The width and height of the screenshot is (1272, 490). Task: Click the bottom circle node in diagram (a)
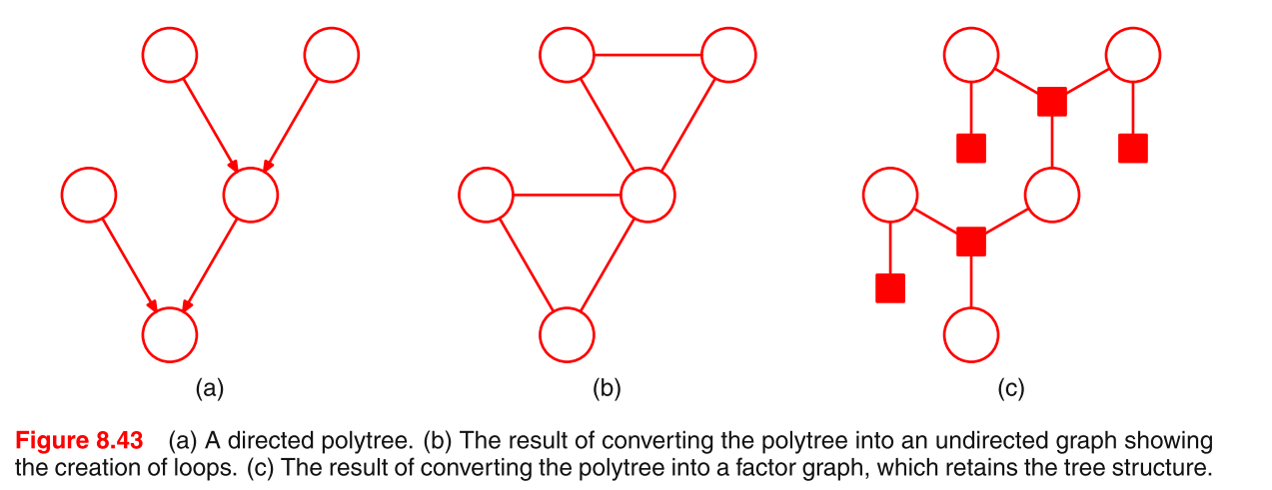(x=170, y=334)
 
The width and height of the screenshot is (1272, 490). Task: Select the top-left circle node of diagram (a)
(x=170, y=54)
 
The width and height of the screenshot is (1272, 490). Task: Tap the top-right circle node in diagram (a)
(x=331, y=54)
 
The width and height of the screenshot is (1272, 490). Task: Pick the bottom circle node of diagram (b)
(x=567, y=334)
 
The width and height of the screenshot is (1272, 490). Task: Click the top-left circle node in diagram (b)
(x=567, y=54)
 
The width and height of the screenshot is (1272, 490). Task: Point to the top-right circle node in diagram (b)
(x=728, y=54)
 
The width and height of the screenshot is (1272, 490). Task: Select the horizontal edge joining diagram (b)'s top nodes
(x=647, y=54)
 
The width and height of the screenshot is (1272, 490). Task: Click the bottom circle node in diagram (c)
(x=970, y=334)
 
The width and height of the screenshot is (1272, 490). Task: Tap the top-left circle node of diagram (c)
(x=970, y=54)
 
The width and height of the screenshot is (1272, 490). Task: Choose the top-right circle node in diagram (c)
(x=1132, y=54)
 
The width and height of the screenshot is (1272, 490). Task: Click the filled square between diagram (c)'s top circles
(x=1051, y=101)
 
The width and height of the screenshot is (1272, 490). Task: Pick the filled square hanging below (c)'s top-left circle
(x=970, y=148)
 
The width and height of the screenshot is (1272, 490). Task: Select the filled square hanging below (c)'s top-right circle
(x=1132, y=148)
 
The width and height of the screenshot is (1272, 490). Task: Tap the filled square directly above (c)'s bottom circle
(x=970, y=242)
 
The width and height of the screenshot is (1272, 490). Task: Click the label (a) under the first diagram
(x=208, y=388)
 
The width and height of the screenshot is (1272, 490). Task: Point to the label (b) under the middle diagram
(x=607, y=388)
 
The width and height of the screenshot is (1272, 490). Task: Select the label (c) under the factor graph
(x=1010, y=388)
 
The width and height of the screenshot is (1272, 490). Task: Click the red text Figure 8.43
(x=79, y=440)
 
